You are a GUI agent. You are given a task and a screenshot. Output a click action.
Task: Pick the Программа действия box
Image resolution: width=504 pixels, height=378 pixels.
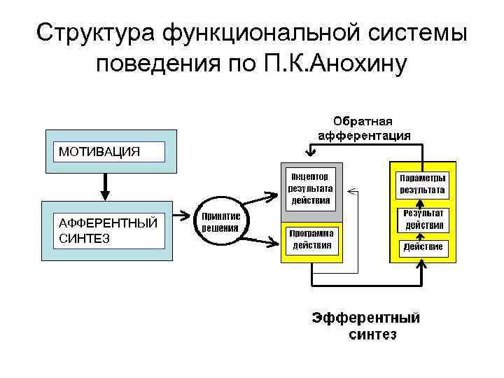click(311, 239)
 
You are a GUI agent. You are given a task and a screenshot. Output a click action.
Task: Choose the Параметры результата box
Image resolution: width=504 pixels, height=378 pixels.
click(422, 183)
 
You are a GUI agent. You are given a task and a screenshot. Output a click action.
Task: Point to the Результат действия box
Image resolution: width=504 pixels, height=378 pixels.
click(422, 219)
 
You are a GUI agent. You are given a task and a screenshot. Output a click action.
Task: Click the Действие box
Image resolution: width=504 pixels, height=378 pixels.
click(422, 247)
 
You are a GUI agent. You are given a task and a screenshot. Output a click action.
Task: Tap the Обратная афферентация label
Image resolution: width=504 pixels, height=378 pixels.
click(364, 128)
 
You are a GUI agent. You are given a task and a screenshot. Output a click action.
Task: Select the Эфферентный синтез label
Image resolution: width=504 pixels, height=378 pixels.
click(366, 325)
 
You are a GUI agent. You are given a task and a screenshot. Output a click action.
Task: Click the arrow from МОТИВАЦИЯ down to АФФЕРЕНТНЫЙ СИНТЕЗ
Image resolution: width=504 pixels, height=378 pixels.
click(105, 186)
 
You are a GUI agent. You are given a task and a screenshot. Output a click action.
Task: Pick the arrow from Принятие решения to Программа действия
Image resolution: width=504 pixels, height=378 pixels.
click(260, 241)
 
